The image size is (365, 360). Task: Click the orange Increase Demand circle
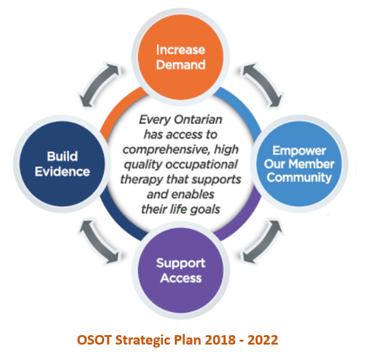point(181,57)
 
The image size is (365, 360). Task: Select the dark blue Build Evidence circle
point(62,164)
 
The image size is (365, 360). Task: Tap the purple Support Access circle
point(181,270)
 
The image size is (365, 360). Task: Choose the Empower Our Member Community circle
point(299,164)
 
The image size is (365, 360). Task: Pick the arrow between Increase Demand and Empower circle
point(262,84)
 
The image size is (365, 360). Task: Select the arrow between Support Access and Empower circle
point(262,243)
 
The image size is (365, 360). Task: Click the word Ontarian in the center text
point(198,120)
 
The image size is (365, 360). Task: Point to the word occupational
point(201,165)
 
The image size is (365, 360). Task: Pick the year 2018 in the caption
point(220,340)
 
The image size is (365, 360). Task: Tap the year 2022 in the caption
point(263,340)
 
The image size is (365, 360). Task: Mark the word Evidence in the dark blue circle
point(62,172)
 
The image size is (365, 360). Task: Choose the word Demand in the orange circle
point(181,65)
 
